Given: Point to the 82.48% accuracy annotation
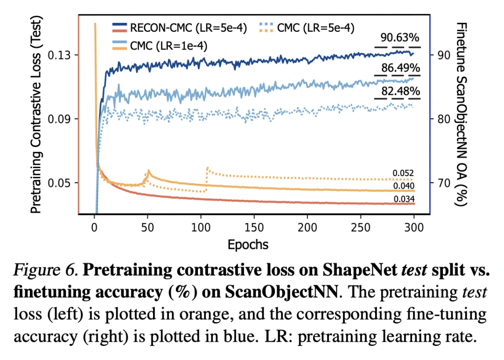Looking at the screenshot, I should pyautogui.click(x=399, y=92).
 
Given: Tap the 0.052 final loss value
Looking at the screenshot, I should pyautogui.click(x=404, y=173).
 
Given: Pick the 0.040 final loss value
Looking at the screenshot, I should pyautogui.click(x=404, y=186).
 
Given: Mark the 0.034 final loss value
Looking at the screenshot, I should pyautogui.click(x=404, y=199).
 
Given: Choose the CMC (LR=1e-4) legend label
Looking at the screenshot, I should pyautogui.click(x=169, y=45).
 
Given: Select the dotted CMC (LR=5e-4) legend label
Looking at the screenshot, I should pyautogui.click(x=315, y=28).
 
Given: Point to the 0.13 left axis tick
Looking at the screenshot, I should pyautogui.click(x=59, y=55).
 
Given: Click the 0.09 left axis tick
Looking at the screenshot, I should pyautogui.click(x=59, y=119).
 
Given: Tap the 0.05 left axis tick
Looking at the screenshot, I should pyautogui.click(x=59, y=182).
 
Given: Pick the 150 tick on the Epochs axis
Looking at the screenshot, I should pyautogui.click(x=254, y=228).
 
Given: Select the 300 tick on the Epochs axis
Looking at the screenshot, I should pyautogui.click(x=413, y=228).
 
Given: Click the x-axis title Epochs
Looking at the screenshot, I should pyautogui.click(x=248, y=244).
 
